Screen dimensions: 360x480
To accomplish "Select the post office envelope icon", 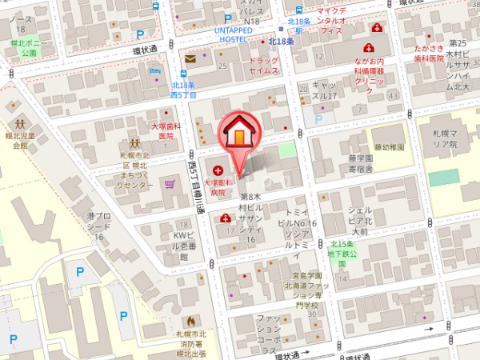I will click(190, 58).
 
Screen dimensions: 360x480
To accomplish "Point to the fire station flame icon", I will click(190, 322).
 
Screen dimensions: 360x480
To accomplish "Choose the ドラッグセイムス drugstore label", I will click(264, 66).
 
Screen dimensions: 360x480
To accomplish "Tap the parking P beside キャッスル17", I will click(319, 119).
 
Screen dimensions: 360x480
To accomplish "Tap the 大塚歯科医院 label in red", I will click(166, 131).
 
